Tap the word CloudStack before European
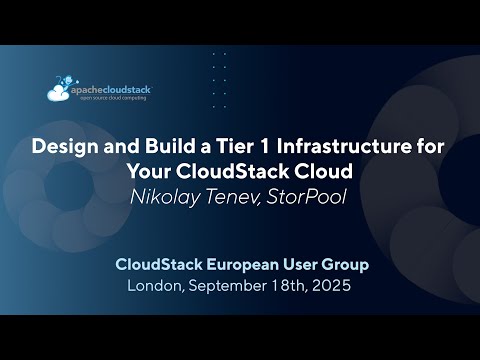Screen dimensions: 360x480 pyautogui.click(x=161, y=265)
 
